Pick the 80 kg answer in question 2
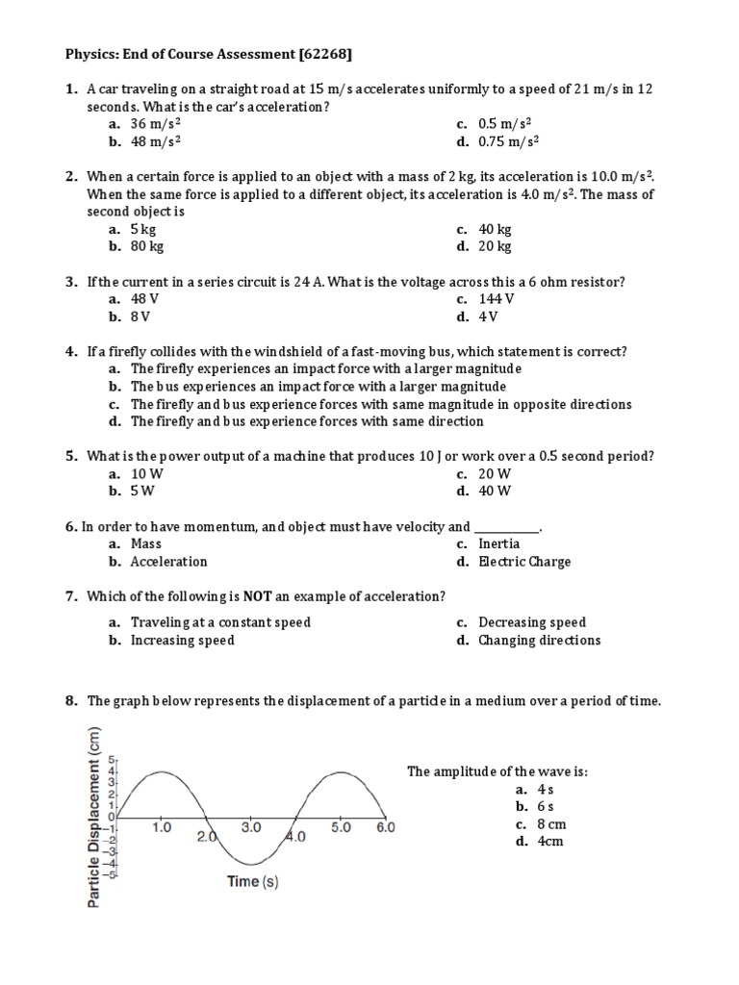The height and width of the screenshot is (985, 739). click(x=147, y=246)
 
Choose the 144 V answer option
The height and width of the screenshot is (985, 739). click(x=497, y=299)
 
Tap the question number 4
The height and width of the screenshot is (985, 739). click(x=71, y=351)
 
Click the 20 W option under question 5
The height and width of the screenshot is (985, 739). click(x=495, y=473)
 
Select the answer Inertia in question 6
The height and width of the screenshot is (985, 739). click(x=498, y=543)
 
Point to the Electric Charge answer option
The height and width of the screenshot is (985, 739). click(x=524, y=562)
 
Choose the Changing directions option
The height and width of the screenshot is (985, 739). click(x=539, y=641)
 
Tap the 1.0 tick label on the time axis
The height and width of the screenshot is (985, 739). click(x=162, y=826)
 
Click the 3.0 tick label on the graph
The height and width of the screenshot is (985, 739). click(x=251, y=826)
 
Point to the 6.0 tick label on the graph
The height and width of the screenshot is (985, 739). click(x=385, y=826)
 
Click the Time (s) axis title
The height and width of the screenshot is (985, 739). click(x=253, y=881)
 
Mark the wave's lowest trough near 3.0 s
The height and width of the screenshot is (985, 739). click(x=251, y=864)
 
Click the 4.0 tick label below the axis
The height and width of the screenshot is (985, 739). click(x=295, y=837)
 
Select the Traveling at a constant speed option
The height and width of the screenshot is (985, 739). click(x=220, y=622)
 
